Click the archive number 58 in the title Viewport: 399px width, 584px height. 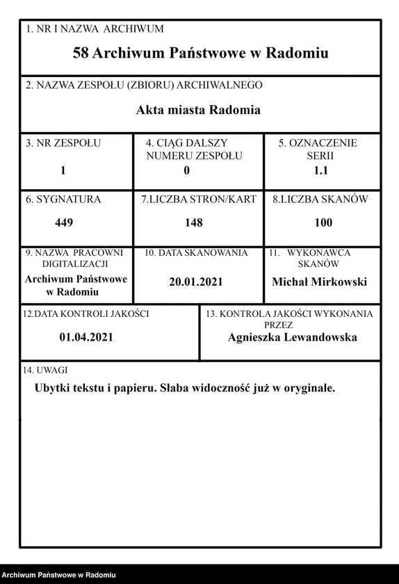pos(81,53)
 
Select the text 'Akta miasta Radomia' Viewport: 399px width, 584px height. pos(199,110)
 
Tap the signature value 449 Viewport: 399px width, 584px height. pos(64,222)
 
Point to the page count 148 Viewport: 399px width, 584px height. pos(194,222)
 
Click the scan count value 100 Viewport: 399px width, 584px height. pos(323,222)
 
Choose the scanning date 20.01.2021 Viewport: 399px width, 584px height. pos(195,282)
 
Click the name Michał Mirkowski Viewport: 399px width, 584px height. pos(319,282)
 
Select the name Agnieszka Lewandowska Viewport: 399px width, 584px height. pos(292,337)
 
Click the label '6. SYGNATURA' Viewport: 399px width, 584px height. pos(63,200)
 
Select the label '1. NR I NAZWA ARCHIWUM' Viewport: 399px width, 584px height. pos(95,29)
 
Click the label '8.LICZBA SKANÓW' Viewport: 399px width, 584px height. pos(320,200)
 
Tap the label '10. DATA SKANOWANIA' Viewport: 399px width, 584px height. pos(196,253)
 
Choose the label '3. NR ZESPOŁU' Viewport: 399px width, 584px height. pos(63,143)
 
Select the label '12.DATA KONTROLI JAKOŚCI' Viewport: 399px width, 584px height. pos(86,314)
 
